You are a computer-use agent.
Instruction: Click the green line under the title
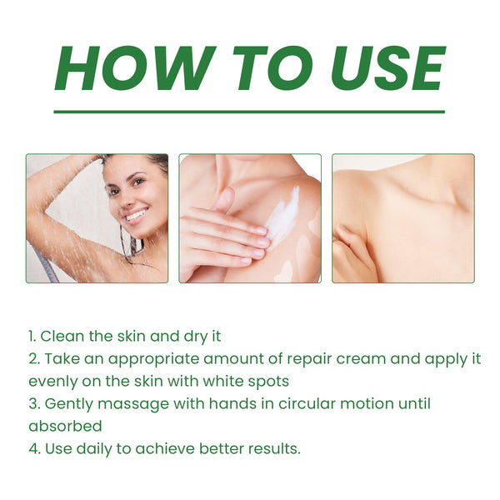[x=249, y=111]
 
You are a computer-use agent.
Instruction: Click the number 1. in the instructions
[x=32, y=336]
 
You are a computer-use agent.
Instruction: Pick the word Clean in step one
[x=61, y=336]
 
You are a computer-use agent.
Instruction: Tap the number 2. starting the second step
[x=33, y=358]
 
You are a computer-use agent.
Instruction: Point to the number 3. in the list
[x=33, y=403]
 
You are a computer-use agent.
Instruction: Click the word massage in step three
[x=127, y=403]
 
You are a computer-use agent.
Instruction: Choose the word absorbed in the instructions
[x=65, y=426]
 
